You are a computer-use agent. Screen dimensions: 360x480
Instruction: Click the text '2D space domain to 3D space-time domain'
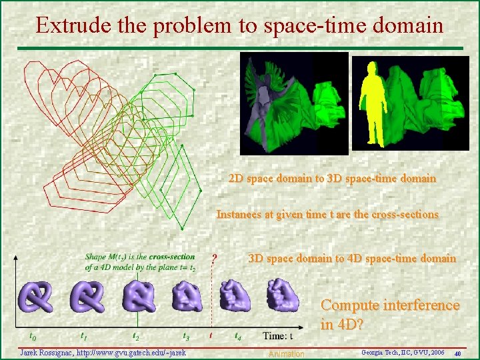[x=332, y=179]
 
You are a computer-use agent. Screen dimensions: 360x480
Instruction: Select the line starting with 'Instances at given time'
[x=327, y=215]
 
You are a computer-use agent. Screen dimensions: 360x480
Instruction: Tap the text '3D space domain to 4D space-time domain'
[x=352, y=258]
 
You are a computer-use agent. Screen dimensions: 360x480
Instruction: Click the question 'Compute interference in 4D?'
[x=390, y=315]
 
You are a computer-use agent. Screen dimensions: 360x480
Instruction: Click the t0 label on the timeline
[x=32, y=337]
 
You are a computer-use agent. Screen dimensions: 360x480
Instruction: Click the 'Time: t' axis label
[x=278, y=336]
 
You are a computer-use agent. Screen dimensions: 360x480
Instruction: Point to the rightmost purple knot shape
[x=283, y=295]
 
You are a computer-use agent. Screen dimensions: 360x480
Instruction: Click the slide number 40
[x=457, y=353]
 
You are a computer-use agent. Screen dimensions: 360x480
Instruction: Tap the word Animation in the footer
[x=286, y=354]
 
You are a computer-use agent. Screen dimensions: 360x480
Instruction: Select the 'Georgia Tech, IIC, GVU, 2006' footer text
[x=402, y=351]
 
